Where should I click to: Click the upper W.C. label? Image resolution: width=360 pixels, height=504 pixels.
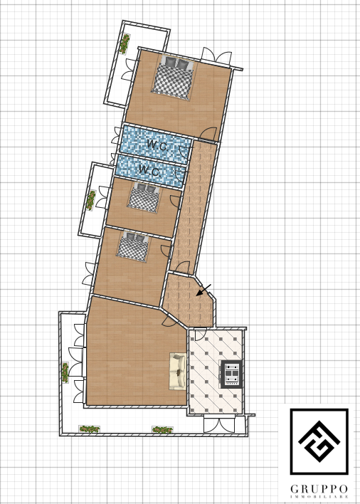click(x=157, y=145)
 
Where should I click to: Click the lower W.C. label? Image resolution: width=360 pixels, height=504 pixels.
click(x=149, y=170)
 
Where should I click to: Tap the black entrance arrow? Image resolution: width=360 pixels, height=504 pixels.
click(x=203, y=290)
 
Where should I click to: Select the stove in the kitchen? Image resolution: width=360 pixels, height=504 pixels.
click(x=231, y=374)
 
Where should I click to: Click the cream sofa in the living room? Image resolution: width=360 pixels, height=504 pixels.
click(x=178, y=372)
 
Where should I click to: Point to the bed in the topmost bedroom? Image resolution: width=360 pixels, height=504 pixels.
click(x=173, y=78)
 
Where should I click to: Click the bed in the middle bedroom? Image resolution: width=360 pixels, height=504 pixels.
click(x=144, y=197)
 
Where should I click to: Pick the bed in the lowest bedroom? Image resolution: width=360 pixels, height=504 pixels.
click(x=133, y=246)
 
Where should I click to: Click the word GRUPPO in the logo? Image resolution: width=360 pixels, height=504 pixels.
click(x=319, y=490)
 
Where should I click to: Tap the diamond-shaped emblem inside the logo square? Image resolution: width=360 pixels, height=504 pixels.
click(x=319, y=441)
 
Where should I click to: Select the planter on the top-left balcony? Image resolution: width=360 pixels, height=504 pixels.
click(x=125, y=43)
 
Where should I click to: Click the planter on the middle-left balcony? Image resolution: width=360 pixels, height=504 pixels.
click(x=90, y=200)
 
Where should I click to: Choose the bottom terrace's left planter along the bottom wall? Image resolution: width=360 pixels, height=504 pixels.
click(x=89, y=429)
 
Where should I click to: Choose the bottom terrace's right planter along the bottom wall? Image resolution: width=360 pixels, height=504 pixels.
click(x=162, y=429)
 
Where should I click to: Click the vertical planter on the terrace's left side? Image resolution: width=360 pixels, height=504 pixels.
click(x=65, y=372)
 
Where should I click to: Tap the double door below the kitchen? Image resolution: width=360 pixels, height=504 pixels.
click(x=219, y=424)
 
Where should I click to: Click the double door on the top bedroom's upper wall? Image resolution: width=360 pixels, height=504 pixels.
click(x=216, y=55)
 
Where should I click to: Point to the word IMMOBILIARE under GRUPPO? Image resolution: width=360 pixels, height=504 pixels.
click(x=319, y=497)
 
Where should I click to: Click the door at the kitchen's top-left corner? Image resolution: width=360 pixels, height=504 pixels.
click(x=200, y=335)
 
